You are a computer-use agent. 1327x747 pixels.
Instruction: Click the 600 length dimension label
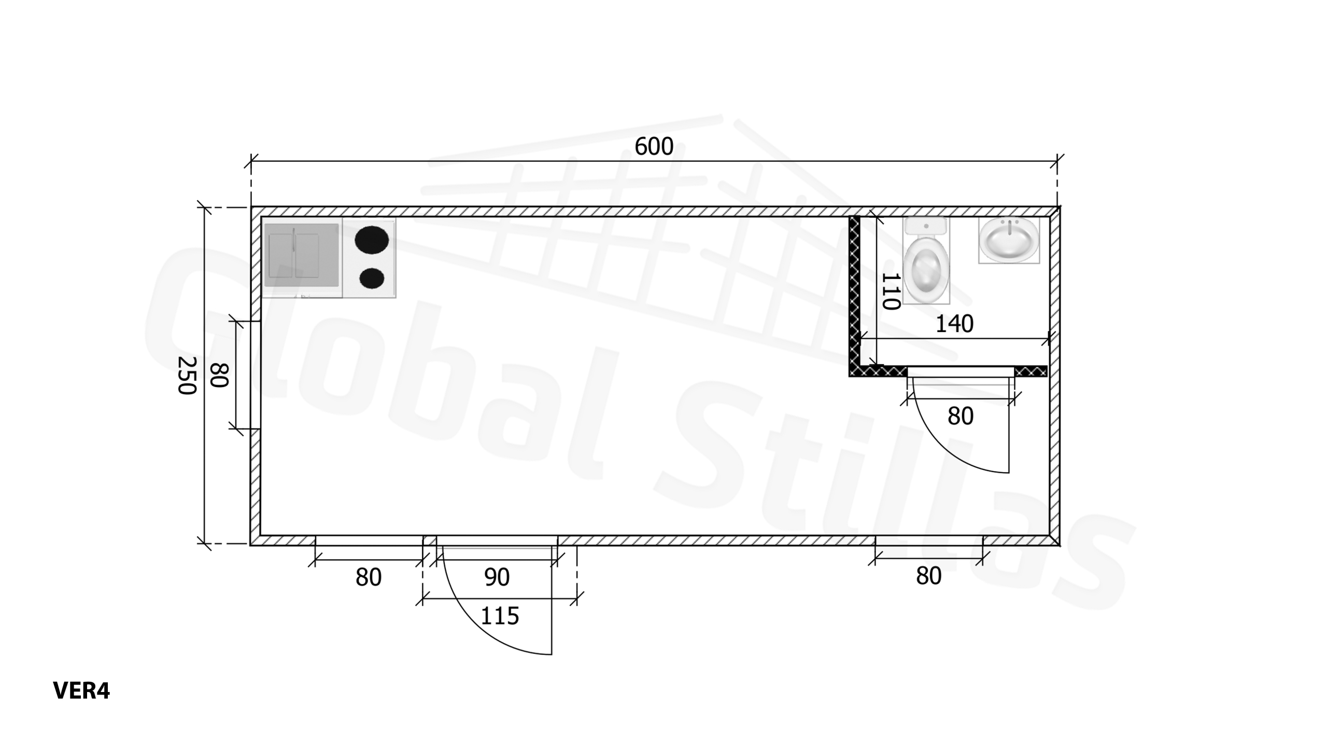(x=654, y=147)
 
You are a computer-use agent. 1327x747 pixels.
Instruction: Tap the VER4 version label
(x=81, y=690)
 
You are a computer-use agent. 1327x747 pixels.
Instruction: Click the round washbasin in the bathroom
(x=1009, y=241)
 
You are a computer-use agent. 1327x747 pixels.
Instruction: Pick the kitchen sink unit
(x=301, y=256)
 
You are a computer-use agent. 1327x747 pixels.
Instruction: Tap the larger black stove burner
(x=372, y=240)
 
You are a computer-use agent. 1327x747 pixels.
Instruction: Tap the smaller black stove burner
(x=372, y=279)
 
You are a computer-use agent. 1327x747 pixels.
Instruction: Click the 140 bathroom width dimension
(x=954, y=324)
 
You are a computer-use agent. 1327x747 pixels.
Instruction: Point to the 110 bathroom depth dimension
(x=890, y=292)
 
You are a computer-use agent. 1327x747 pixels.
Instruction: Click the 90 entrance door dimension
(x=497, y=577)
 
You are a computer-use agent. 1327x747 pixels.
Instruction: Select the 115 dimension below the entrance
(x=500, y=616)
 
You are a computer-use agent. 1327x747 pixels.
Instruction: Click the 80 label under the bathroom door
(x=961, y=417)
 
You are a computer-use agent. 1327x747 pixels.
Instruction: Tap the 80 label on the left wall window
(x=219, y=375)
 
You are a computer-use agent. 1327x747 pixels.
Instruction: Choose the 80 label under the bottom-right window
(x=928, y=576)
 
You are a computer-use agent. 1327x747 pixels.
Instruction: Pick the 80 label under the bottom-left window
(x=369, y=577)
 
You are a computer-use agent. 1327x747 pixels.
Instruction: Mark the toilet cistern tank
(x=926, y=226)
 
